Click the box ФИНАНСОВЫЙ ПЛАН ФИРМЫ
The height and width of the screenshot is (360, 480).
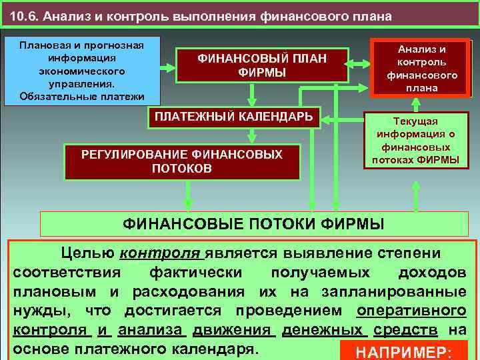click(x=261, y=65)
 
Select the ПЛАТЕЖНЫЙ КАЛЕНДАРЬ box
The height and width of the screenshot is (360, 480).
click(x=233, y=117)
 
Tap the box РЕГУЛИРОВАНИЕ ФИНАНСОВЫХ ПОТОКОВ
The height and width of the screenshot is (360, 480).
click(x=181, y=161)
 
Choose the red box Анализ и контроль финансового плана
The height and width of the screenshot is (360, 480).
click(x=422, y=69)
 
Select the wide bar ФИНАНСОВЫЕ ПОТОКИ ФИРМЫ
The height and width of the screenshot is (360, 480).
click(x=253, y=223)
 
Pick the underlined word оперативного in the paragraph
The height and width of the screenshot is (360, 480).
click(x=411, y=311)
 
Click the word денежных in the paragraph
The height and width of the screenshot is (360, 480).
click(x=321, y=330)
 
